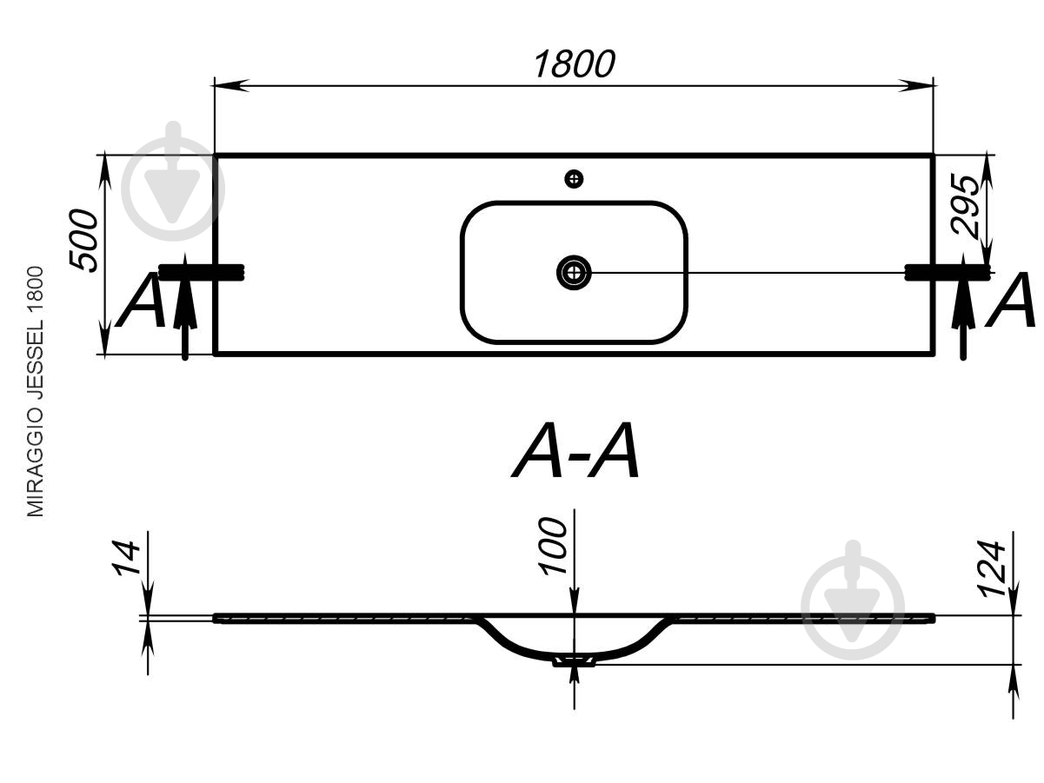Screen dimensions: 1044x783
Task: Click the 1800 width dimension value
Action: [x=574, y=64]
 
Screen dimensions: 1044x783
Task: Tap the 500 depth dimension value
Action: [x=83, y=240]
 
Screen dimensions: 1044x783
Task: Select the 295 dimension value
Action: [x=965, y=205]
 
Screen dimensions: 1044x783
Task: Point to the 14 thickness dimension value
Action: [x=126, y=558]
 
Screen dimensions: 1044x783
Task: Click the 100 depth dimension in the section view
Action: [x=552, y=547]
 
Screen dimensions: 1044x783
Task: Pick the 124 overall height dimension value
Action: [x=991, y=568]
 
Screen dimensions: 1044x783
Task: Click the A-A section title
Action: [x=575, y=450]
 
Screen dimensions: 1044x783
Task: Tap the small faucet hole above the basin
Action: [x=574, y=179]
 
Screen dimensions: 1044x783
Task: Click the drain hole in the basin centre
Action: [x=574, y=272]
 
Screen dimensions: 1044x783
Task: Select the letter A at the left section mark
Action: [x=142, y=300]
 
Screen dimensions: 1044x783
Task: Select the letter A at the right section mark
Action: [x=1010, y=300]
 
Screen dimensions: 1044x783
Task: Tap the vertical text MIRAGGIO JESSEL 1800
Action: [x=35, y=391]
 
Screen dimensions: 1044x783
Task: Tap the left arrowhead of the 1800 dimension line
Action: [x=231, y=85]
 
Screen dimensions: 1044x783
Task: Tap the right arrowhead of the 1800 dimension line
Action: [x=916, y=85]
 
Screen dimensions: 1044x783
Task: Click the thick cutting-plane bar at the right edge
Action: [x=947, y=272]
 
